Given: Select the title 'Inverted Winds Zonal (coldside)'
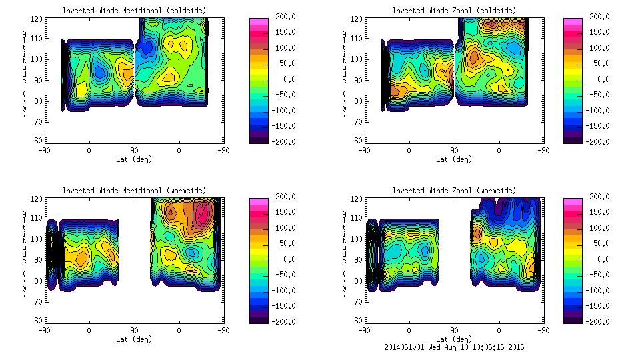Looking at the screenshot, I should click(x=454, y=11).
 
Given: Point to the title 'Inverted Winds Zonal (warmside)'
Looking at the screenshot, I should click(x=454, y=191).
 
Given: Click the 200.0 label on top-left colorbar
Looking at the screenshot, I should click(x=283, y=17).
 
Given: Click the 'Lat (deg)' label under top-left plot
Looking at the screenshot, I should click(x=134, y=159).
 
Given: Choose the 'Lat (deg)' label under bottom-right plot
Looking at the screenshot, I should click(x=454, y=339).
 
